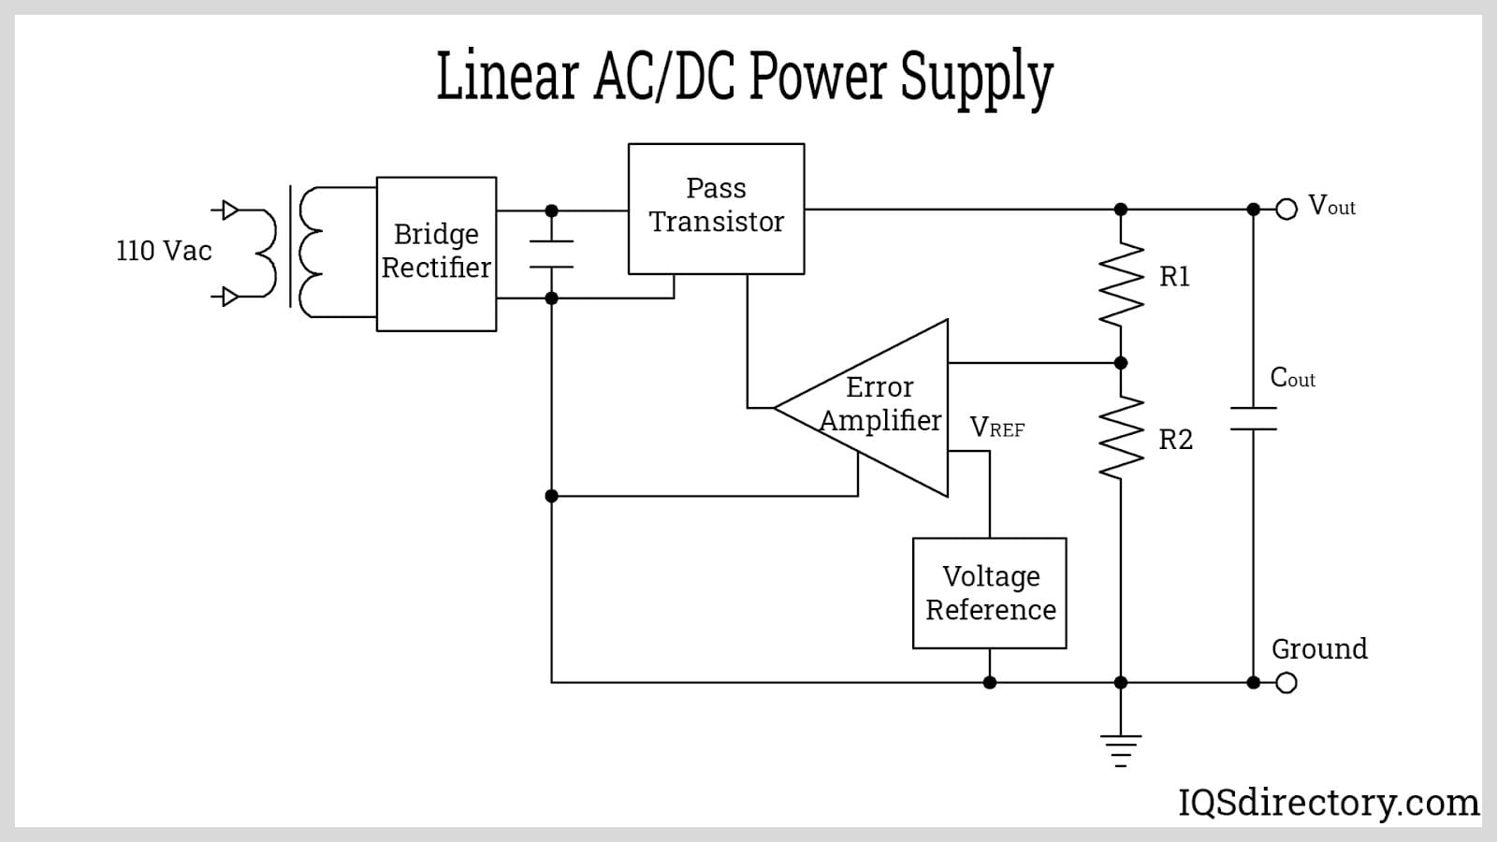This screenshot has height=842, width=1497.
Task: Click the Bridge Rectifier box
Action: tap(436, 254)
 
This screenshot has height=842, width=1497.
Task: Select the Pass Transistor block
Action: tap(716, 209)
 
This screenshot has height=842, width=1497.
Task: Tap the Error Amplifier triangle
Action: tap(879, 407)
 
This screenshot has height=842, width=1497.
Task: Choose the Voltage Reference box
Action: tap(989, 593)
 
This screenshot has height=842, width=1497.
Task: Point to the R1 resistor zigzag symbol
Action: tap(1121, 284)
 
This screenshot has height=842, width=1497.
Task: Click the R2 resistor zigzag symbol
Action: tap(1121, 438)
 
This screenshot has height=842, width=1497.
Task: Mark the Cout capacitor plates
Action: tap(1254, 419)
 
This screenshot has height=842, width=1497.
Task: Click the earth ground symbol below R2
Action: tap(1121, 749)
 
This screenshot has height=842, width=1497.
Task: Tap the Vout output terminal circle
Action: tap(1286, 210)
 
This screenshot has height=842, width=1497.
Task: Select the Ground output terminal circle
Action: tap(1286, 683)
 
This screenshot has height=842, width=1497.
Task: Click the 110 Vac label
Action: tap(164, 251)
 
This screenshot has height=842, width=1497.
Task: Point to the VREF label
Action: tap(996, 428)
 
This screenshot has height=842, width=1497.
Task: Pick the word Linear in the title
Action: tap(507, 77)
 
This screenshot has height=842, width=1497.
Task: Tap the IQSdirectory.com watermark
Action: tap(1328, 803)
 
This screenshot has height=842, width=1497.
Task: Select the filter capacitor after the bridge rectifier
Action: tap(551, 254)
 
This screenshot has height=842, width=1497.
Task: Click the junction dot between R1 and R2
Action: tap(1121, 363)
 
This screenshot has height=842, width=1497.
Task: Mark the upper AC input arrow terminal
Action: tap(226, 210)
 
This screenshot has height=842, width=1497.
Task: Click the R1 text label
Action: tap(1174, 277)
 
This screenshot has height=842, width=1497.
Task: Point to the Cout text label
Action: tap(1292, 378)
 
